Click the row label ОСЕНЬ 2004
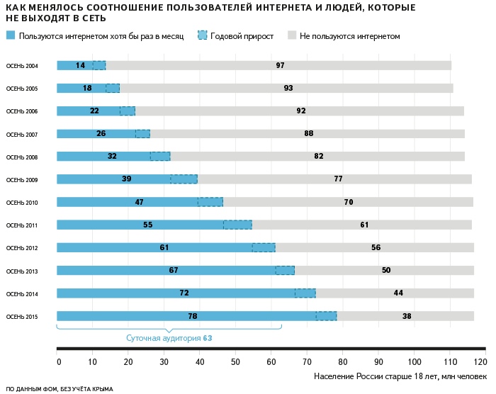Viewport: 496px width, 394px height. (22, 66)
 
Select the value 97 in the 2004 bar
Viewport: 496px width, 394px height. (280, 65)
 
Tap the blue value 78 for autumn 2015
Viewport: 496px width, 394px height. (193, 316)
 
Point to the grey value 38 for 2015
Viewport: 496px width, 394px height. (407, 316)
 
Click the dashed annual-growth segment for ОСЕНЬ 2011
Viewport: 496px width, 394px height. (237, 225)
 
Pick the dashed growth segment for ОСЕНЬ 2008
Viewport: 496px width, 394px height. (160, 157)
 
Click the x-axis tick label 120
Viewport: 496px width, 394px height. (481, 361)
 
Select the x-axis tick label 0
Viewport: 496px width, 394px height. (59, 361)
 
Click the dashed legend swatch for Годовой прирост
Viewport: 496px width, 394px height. (203, 35)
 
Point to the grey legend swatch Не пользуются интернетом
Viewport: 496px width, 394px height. (291, 35)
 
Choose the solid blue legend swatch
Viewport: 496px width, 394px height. (10, 35)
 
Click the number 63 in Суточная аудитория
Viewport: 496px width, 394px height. (207, 338)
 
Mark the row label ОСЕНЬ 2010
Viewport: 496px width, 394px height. (22, 203)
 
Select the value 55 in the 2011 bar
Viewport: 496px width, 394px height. (147, 225)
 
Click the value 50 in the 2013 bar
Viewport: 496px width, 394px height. (385, 270)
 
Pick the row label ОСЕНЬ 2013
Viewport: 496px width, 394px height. (22, 271)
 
